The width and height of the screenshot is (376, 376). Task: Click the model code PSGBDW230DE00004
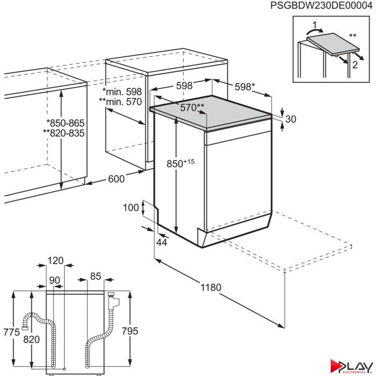321,5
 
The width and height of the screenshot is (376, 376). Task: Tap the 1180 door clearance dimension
211,287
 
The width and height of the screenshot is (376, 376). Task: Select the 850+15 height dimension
180,163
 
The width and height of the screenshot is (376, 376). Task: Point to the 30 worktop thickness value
291,119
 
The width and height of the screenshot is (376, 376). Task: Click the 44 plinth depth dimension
162,242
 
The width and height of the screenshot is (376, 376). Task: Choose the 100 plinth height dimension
131,207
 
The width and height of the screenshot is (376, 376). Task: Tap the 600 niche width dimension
117,179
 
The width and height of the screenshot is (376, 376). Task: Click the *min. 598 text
122,92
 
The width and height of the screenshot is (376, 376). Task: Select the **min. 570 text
120,102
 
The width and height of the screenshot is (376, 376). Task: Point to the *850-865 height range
66,123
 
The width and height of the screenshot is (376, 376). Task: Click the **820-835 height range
64,133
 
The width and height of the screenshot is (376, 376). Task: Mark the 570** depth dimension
192,107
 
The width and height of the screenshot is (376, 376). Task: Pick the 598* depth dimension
244,86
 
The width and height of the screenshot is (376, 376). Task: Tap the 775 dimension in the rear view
11,332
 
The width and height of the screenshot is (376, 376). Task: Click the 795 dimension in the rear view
130,331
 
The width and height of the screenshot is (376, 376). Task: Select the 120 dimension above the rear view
55,261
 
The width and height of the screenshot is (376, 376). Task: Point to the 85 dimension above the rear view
96,276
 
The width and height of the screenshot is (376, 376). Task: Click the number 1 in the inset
315,25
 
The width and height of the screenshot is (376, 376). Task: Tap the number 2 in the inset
355,65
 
